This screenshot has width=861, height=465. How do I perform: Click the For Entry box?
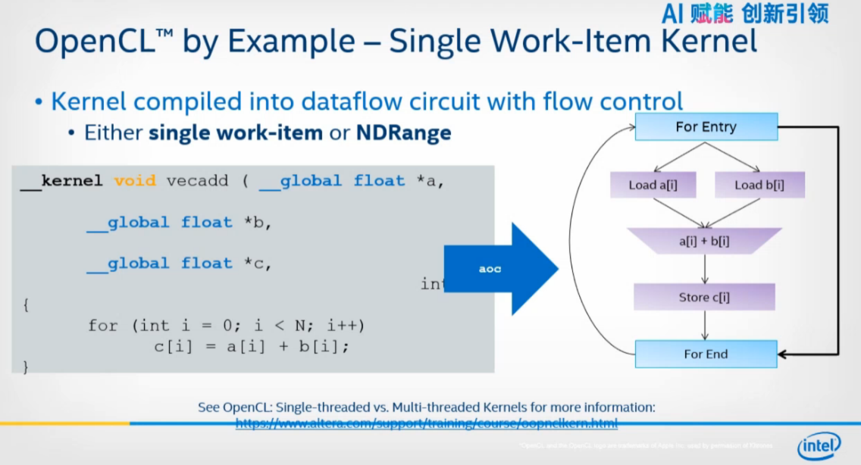706,126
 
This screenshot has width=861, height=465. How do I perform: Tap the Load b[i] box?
759,185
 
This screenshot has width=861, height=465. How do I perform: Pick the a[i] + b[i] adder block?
705,242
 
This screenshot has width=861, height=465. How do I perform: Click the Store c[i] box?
704,297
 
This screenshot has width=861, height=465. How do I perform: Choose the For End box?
706,354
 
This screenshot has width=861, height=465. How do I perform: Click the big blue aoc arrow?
500,269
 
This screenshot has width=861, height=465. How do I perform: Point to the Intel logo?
818,445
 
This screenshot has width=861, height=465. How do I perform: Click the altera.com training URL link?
426,423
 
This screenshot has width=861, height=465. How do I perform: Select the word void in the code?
135,181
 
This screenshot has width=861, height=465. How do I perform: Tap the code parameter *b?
257,223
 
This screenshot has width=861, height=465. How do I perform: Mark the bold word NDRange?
404,133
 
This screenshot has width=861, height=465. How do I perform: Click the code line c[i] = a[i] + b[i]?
251,346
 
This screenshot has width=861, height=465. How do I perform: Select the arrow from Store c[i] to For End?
706,325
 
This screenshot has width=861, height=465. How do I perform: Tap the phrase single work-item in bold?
235,133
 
